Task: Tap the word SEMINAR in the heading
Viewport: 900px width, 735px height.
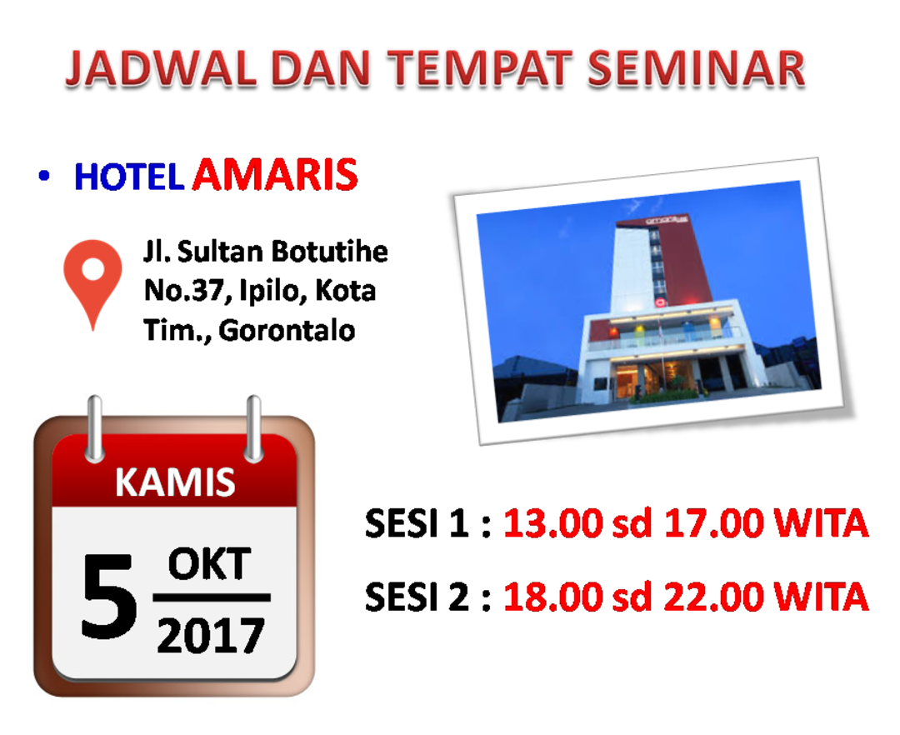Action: click(696, 69)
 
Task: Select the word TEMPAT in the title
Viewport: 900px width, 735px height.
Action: click(480, 69)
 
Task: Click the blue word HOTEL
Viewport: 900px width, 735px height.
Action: click(129, 177)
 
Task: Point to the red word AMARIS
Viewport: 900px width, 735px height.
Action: click(275, 174)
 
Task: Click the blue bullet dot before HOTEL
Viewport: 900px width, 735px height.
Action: click(43, 176)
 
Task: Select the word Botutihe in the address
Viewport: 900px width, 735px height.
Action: click(329, 252)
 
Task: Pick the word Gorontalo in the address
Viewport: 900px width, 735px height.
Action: click(287, 331)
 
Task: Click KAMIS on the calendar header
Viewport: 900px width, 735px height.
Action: click(175, 482)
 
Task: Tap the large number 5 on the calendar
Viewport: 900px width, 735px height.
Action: click(109, 596)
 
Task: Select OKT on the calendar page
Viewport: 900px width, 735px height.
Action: click(210, 565)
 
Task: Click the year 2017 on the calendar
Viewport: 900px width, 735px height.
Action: click(211, 635)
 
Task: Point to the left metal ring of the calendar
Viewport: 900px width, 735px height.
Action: click(95, 428)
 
